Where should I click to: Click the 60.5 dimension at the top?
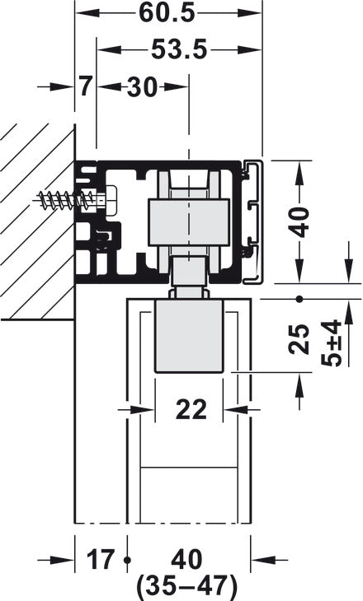[x=168, y=14]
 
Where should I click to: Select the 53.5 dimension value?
[x=178, y=50]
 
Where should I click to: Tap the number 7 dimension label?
[x=86, y=86]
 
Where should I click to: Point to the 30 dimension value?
[x=142, y=86]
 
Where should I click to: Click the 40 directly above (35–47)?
[x=189, y=561]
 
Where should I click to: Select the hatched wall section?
[x=37, y=222]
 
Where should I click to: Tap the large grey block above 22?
[x=189, y=338]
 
